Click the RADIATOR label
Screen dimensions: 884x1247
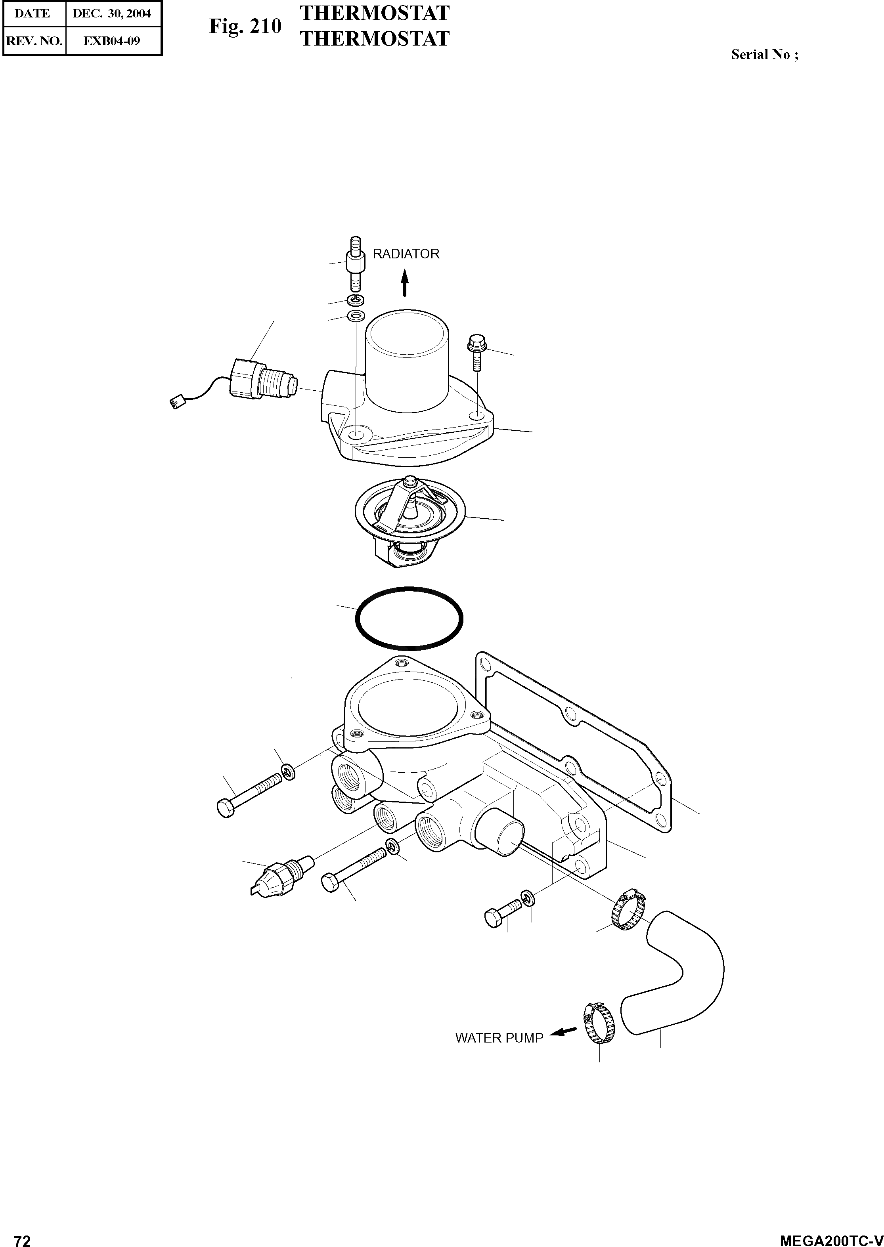click(x=406, y=254)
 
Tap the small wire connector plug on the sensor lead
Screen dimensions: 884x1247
click(x=177, y=403)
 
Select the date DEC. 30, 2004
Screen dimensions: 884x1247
click(x=112, y=13)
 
